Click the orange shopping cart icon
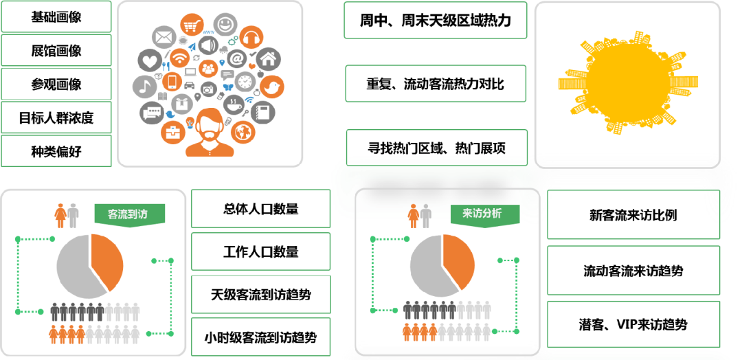coord(192,26)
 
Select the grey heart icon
coord(149,60)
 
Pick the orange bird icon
coord(272,87)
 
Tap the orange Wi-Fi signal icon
coord(180,58)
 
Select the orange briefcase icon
coord(173,131)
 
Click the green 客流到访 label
coord(129,215)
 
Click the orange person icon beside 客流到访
coord(60,215)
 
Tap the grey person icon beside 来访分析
coord(426,216)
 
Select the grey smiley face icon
coord(224,24)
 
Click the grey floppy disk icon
coord(262,112)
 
